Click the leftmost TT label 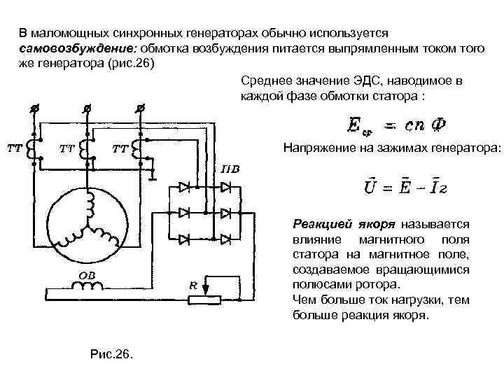(13, 148)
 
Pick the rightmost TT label (120, 149)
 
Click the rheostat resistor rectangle (205, 299)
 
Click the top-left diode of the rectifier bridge (185, 188)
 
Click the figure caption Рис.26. (111, 352)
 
